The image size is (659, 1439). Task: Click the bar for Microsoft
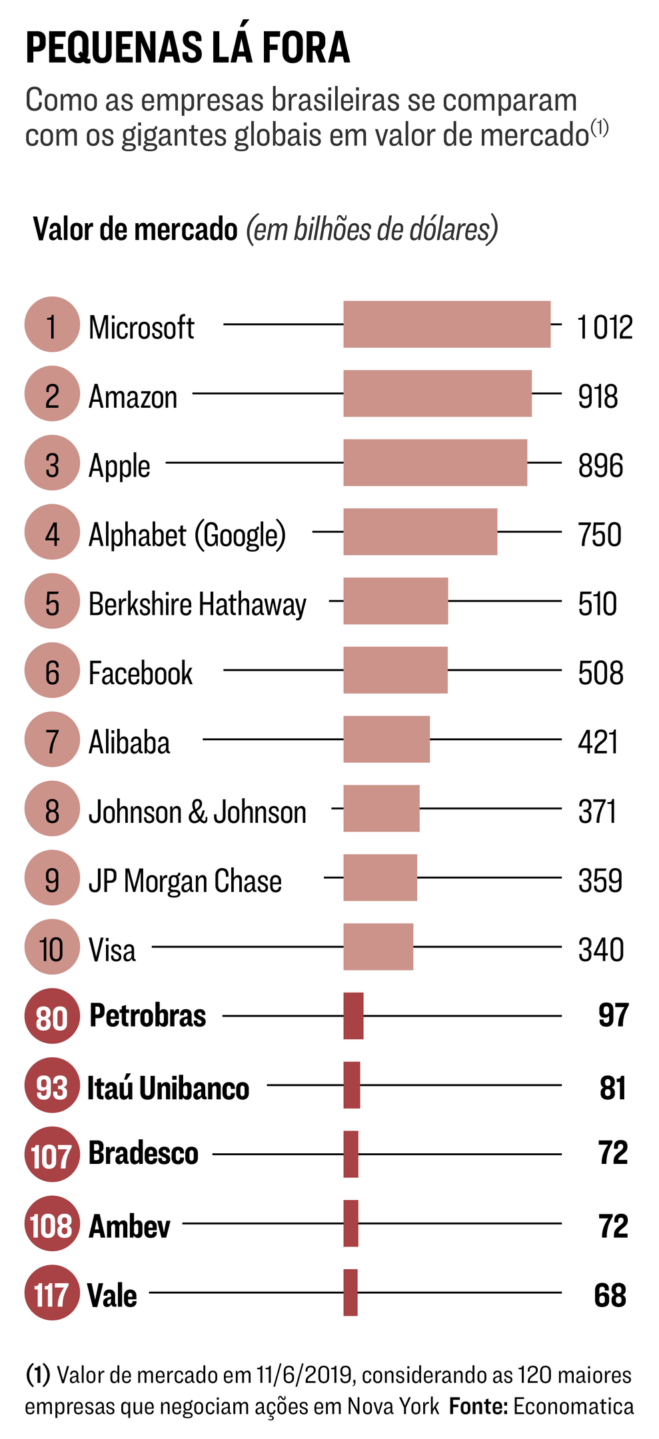tap(446, 324)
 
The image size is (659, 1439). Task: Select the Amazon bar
tap(437, 394)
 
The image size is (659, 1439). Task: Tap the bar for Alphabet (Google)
tap(420, 532)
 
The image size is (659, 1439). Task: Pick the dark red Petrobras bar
tap(353, 1016)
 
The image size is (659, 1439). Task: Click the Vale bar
tap(350, 1292)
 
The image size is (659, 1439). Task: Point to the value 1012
tap(604, 327)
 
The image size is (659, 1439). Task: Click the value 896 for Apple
tap(600, 466)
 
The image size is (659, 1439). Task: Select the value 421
tap(598, 742)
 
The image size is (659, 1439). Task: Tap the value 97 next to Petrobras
tap(613, 1016)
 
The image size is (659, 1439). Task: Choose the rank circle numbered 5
tap(52, 602)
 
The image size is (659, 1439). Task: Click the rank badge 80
tap(52, 1017)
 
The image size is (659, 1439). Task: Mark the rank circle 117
tap(52, 1294)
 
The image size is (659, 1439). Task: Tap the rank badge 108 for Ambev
tap(52, 1224)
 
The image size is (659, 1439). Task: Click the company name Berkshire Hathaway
tap(197, 604)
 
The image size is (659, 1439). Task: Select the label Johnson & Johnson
tap(197, 812)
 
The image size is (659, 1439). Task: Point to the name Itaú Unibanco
tap(168, 1088)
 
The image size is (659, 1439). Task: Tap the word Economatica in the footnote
tap(573, 1406)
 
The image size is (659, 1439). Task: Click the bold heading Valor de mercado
tap(135, 230)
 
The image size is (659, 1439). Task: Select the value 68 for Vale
tap(610, 1295)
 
